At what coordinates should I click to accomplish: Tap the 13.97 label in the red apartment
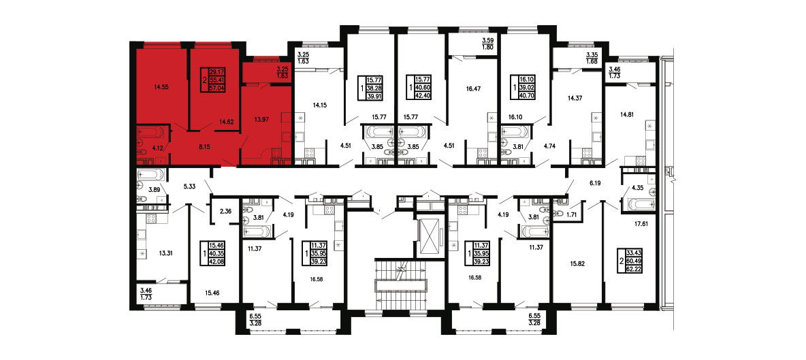coord(263,119)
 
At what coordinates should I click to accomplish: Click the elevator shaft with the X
coord(429,235)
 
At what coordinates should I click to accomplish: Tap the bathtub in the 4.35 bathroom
coord(637,205)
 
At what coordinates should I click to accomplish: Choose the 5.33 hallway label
coord(190,187)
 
